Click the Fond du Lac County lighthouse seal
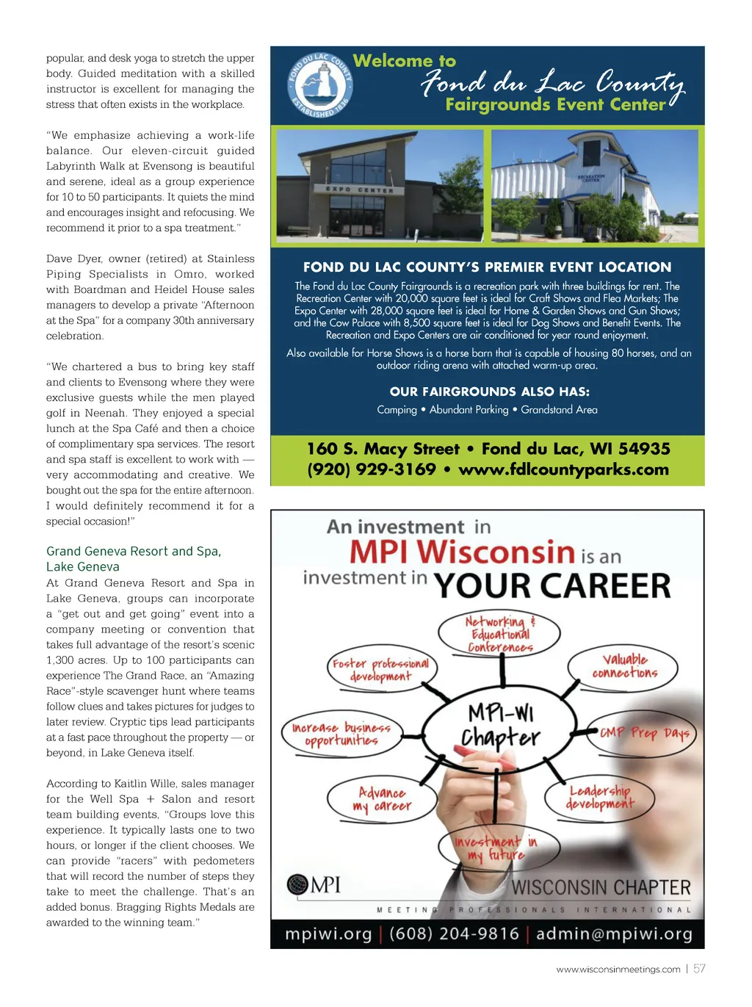click(319, 85)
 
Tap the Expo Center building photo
click(380, 186)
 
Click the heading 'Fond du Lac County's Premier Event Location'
click(487, 267)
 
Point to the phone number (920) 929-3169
click(372, 470)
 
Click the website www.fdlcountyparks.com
click(563, 470)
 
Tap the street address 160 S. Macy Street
click(383, 449)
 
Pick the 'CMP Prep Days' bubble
click(643, 733)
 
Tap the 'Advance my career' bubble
click(381, 799)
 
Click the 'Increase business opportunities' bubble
click(341, 734)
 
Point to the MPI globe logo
click(297, 884)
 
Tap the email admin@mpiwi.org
click(614, 934)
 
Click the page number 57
click(699, 969)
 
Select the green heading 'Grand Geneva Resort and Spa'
click(134, 552)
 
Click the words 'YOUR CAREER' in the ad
click(552, 586)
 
